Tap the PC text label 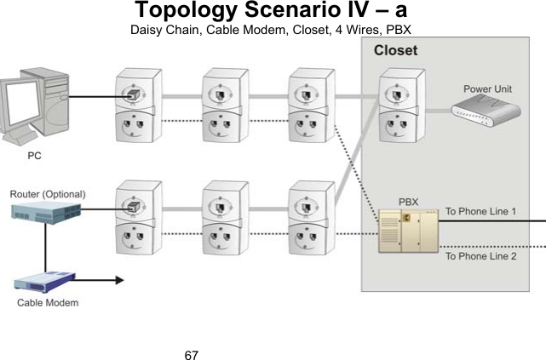(34, 157)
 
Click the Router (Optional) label (48, 194)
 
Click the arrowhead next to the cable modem (119, 278)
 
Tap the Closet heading (396, 50)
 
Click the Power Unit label (487, 89)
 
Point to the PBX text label (409, 203)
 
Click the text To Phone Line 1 (486, 211)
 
